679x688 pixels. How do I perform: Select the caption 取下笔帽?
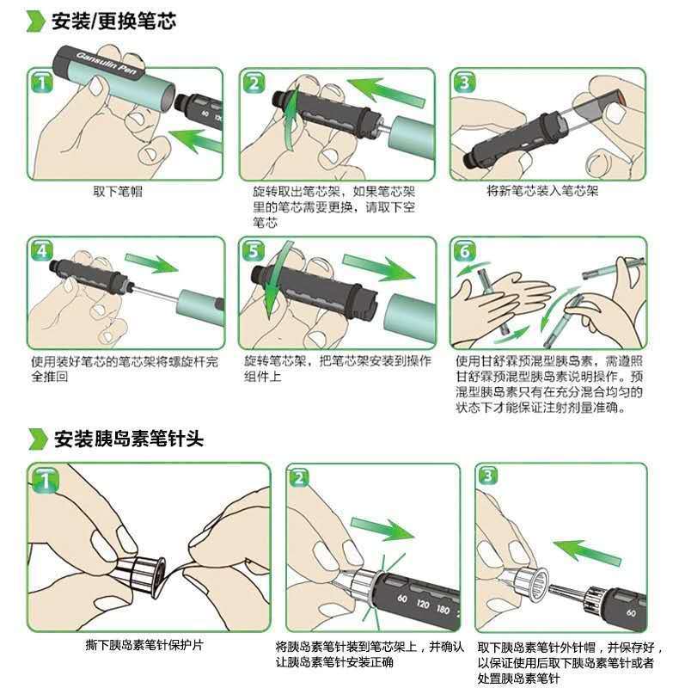[118, 191]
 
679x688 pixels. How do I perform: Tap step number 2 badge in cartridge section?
[253, 83]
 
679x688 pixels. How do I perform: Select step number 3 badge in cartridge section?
[464, 83]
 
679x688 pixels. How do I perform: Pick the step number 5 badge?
[253, 251]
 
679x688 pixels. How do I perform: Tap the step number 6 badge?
[464, 252]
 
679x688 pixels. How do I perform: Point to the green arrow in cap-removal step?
[193, 136]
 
